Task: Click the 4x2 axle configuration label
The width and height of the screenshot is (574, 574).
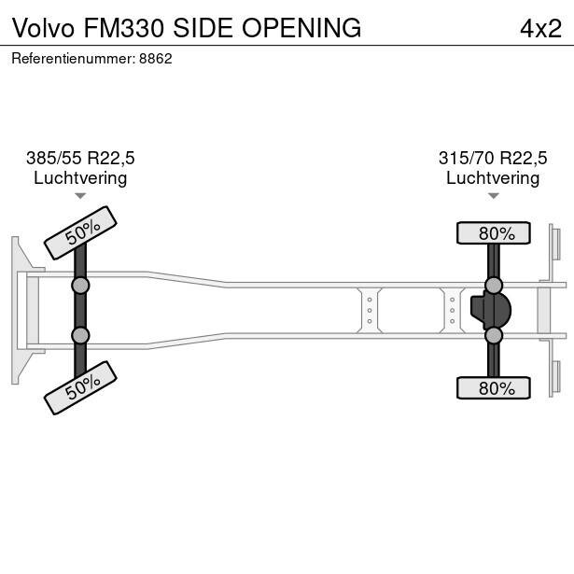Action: point(540,28)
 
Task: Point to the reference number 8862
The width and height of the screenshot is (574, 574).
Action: point(155,58)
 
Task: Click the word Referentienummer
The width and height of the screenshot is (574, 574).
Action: point(72,58)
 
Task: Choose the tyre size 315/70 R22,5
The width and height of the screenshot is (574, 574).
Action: point(493,158)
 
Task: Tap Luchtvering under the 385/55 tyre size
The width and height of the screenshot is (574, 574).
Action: point(80,177)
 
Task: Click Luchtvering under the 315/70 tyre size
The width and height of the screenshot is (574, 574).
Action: point(493,177)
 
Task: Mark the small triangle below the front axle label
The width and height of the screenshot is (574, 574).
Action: point(80,196)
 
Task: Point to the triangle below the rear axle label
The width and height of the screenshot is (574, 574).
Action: point(493,196)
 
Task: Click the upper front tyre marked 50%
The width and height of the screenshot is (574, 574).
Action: point(80,231)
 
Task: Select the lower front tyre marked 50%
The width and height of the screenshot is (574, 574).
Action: point(80,387)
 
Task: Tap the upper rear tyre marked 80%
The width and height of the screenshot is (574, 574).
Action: point(493,232)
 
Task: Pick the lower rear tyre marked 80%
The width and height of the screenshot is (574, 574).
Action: point(493,387)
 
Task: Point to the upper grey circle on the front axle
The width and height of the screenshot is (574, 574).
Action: point(80,286)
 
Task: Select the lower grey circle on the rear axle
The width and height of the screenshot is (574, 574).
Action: point(494,335)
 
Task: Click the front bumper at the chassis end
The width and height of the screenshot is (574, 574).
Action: point(18,310)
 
